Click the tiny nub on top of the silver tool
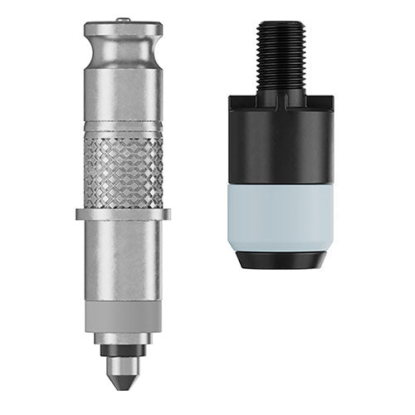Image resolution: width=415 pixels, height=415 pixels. point(123,18)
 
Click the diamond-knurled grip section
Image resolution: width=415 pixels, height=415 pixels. point(123,170)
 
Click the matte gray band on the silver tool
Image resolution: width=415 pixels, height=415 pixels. point(123,316)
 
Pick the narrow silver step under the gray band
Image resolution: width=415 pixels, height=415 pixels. point(123,338)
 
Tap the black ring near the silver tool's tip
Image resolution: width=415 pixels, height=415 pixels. point(123,349)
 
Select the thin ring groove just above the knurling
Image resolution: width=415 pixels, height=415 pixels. point(123,126)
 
